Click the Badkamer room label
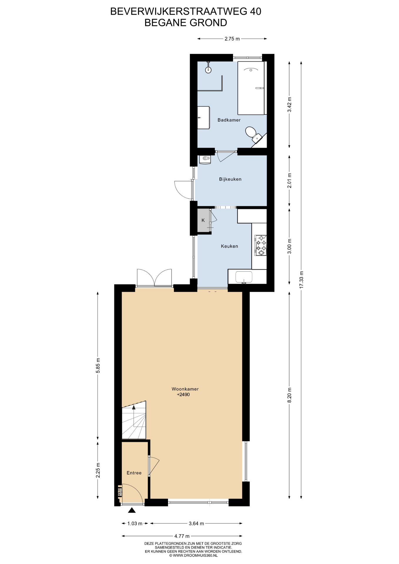(x=229, y=120)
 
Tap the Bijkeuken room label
(x=230, y=179)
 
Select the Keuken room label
(x=229, y=246)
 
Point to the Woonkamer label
(x=185, y=389)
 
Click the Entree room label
(x=134, y=473)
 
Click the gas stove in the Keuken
(x=261, y=245)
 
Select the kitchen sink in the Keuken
(x=244, y=277)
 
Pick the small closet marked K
(x=203, y=220)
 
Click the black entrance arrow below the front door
(x=132, y=511)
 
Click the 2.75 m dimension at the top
(x=232, y=38)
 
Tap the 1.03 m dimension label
(x=135, y=523)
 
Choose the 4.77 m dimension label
(x=182, y=536)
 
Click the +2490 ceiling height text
(x=183, y=395)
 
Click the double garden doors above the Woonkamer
(x=154, y=277)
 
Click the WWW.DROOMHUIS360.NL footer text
(x=195, y=555)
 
